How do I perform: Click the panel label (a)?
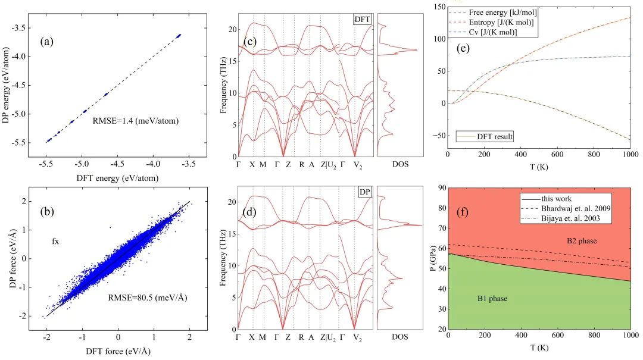tap(48, 42)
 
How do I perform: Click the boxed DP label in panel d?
tap(365, 193)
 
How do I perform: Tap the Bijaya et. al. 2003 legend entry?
tap(566, 220)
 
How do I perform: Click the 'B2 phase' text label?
tap(582, 241)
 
